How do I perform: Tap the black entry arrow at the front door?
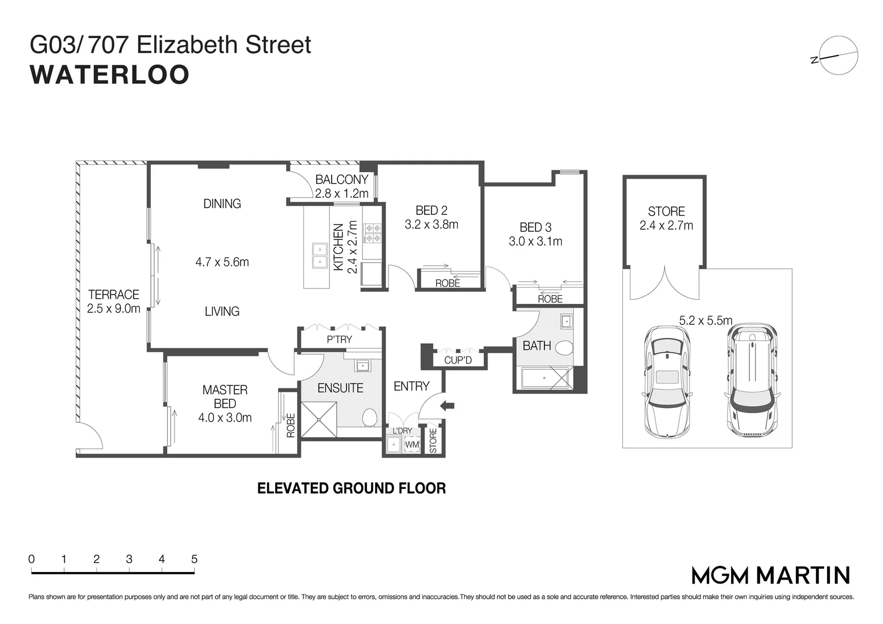[447, 406]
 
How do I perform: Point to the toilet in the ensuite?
[369, 417]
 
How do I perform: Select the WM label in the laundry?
[411, 445]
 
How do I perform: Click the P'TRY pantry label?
[339, 340]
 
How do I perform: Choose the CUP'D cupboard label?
[458, 361]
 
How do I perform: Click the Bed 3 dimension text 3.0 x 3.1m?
[535, 242]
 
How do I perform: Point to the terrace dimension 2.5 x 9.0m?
[113, 309]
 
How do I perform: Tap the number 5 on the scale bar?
[194, 559]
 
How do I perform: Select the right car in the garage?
[751, 380]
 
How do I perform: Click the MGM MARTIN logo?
[770, 575]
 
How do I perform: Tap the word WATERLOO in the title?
[110, 75]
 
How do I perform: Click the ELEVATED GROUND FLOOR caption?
[351, 489]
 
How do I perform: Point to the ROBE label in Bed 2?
[447, 283]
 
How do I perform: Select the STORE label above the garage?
[666, 211]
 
